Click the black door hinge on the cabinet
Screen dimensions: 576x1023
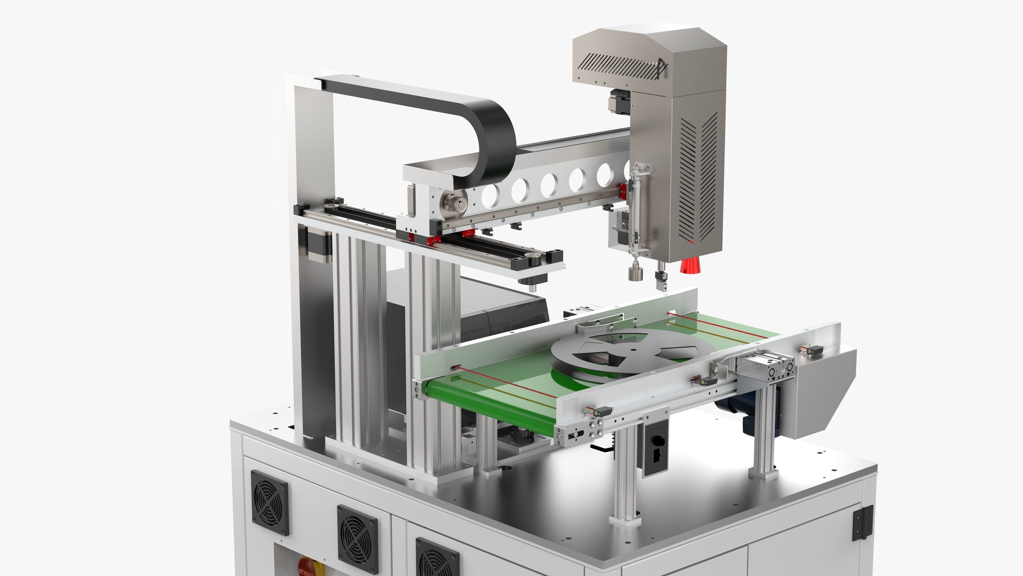click(x=863, y=522)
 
